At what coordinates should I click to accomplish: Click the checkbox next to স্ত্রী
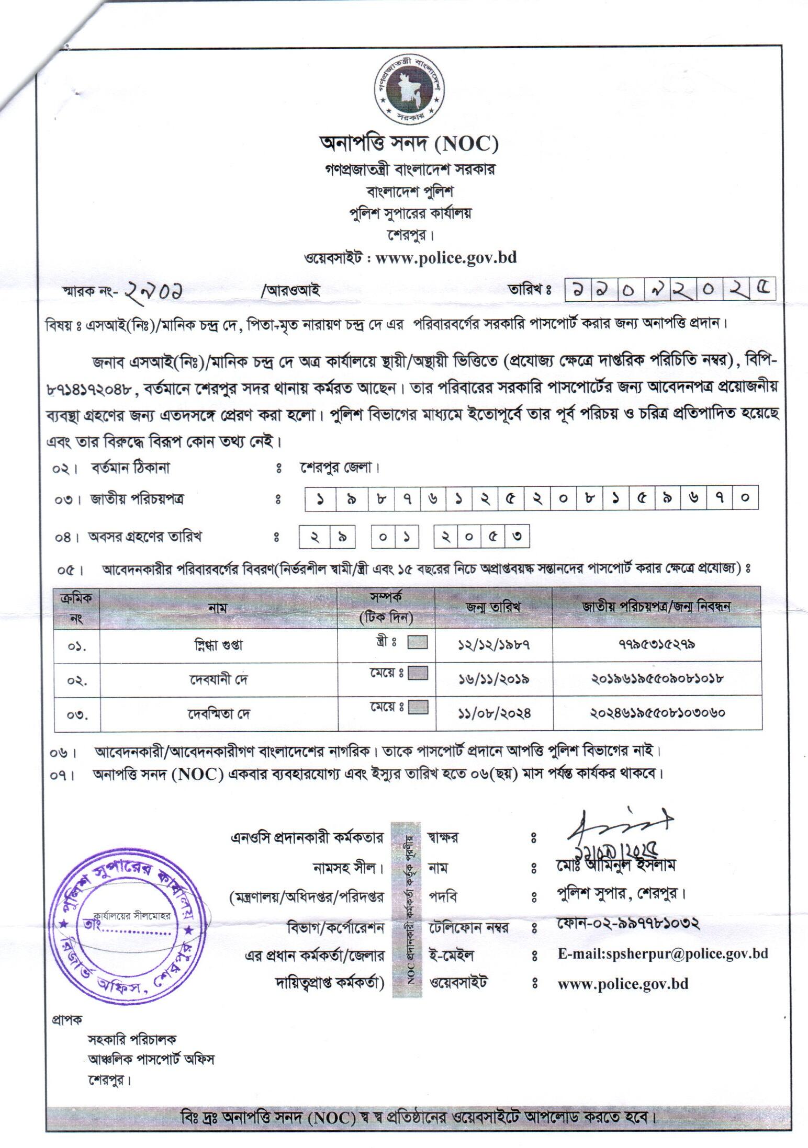pos(417,642)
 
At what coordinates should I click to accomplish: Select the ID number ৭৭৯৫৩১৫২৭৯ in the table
pos(656,645)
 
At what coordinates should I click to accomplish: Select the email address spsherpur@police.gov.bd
pos(663,953)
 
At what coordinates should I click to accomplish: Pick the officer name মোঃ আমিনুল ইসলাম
pos(616,866)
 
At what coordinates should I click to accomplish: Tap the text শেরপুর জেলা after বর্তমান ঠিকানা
pos(340,468)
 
